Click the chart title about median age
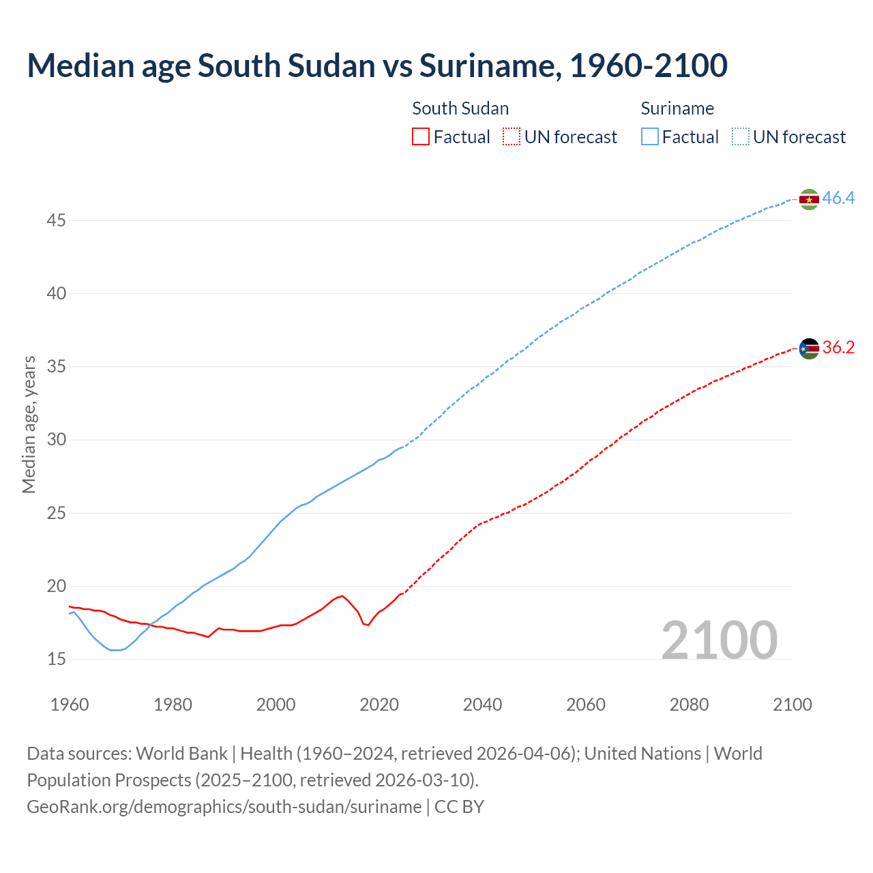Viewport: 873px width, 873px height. pos(377,65)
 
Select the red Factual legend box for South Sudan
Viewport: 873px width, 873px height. pos(421,137)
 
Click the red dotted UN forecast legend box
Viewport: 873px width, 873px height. pos(511,137)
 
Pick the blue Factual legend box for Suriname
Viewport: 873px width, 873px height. pos(650,137)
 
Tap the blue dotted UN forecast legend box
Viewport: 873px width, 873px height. pos(740,137)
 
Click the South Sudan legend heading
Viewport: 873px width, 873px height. pos(460,108)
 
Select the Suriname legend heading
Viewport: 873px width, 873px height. pos(677,108)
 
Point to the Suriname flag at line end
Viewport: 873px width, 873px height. pos(809,199)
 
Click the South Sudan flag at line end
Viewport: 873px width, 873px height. pos(809,349)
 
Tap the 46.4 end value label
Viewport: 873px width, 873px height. pos(838,198)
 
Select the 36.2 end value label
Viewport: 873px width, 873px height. pos(838,348)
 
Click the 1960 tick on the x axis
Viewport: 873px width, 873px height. pos(70,705)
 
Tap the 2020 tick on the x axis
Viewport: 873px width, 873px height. pos(379,705)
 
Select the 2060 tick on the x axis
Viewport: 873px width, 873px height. pos(586,705)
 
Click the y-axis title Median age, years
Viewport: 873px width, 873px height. pos(29,424)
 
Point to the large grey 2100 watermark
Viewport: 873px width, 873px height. pos(719,640)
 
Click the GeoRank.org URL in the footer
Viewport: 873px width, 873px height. pos(224,807)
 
